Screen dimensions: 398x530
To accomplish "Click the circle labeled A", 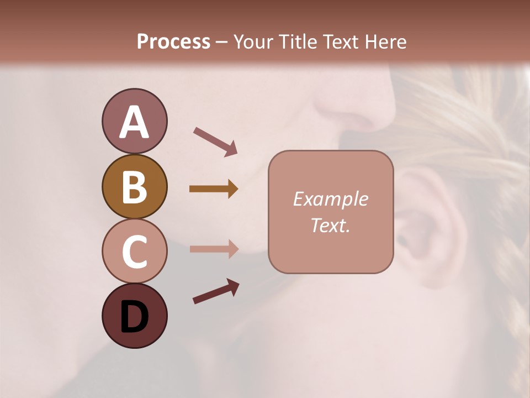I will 134,121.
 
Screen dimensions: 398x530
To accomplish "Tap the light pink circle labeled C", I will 134,251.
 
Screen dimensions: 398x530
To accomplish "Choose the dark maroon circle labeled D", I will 134,316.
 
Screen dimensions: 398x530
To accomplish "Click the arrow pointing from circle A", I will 215,142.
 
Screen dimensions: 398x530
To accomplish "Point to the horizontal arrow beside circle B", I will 214,189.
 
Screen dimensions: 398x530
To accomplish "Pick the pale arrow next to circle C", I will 214,249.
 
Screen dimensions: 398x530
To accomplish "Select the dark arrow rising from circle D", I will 216,291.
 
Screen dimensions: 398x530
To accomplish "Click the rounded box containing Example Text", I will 331,212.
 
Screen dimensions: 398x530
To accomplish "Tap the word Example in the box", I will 331,199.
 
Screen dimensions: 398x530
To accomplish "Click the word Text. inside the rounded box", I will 331,225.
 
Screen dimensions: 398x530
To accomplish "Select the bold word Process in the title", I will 173,41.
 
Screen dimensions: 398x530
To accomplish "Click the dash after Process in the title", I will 222,42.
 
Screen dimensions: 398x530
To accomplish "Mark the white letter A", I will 134,122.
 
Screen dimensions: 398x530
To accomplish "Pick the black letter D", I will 134,317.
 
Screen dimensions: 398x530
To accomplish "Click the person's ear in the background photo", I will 425,221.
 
